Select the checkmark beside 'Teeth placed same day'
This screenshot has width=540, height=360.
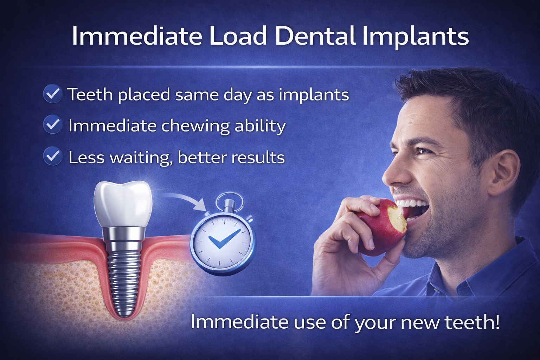pyautogui.click(x=53, y=94)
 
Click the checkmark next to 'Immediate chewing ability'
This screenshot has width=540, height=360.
pyautogui.click(x=53, y=124)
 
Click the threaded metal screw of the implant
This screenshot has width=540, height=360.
pyautogui.click(x=124, y=278)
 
